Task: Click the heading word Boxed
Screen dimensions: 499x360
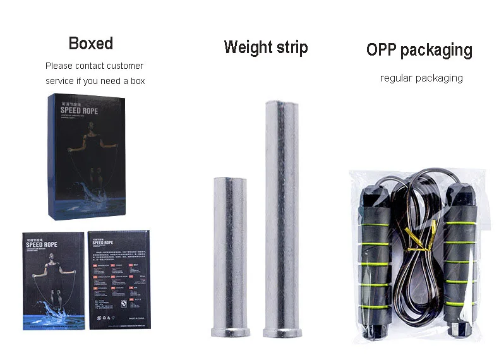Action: pyautogui.click(x=91, y=43)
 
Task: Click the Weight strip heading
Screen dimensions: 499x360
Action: pyautogui.click(x=266, y=47)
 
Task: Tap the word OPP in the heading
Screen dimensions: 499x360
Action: pyautogui.click(x=382, y=50)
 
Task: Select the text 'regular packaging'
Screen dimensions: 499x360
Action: pyautogui.click(x=421, y=78)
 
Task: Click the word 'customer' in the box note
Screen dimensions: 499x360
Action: pyautogui.click(x=125, y=66)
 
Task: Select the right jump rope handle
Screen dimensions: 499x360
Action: pyautogui.click(x=462, y=253)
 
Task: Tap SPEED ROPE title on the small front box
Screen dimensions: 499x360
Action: pyautogui.click(x=43, y=247)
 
